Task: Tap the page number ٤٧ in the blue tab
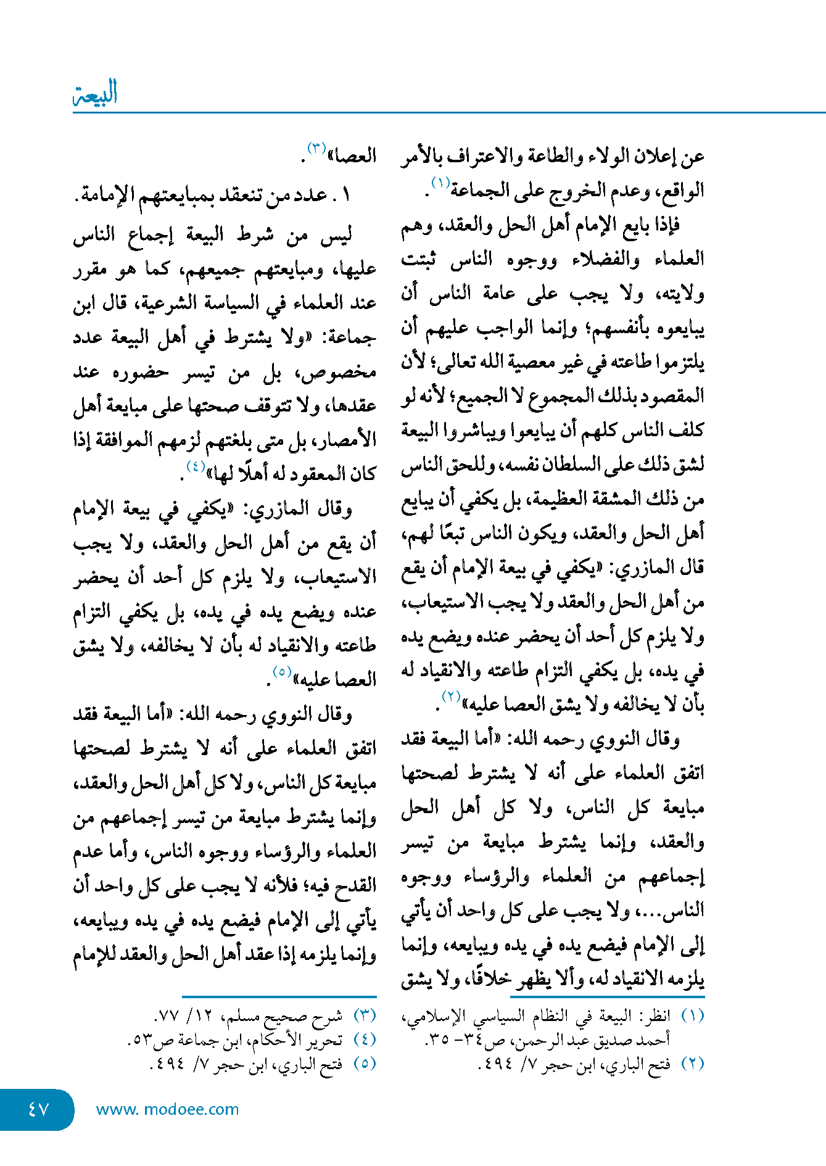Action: tap(38, 1109)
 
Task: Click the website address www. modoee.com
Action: tap(167, 1109)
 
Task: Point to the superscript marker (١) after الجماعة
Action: tap(440, 183)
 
